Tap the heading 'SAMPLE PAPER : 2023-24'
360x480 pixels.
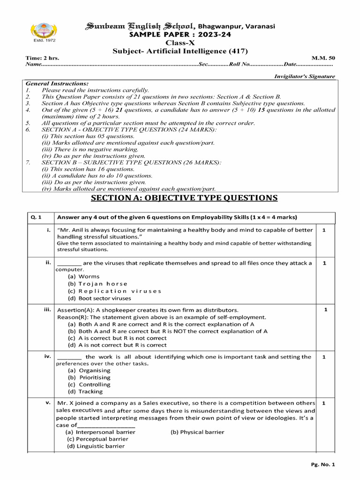(x=180, y=35)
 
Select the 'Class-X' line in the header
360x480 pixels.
(x=180, y=43)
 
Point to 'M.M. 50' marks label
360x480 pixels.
(x=326, y=58)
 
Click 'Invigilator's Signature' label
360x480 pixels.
(x=304, y=76)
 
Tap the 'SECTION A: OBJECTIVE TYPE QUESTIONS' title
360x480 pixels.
(x=184, y=198)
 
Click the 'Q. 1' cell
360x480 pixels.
(x=37, y=217)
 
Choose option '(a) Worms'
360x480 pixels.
(x=84, y=277)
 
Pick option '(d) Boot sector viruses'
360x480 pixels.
(x=99, y=298)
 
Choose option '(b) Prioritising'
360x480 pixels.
(x=89, y=377)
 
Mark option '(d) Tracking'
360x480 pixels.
(x=85, y=391)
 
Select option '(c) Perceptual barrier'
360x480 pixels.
(x=97, y=439)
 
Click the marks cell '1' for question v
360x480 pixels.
(x=324, y=403)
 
